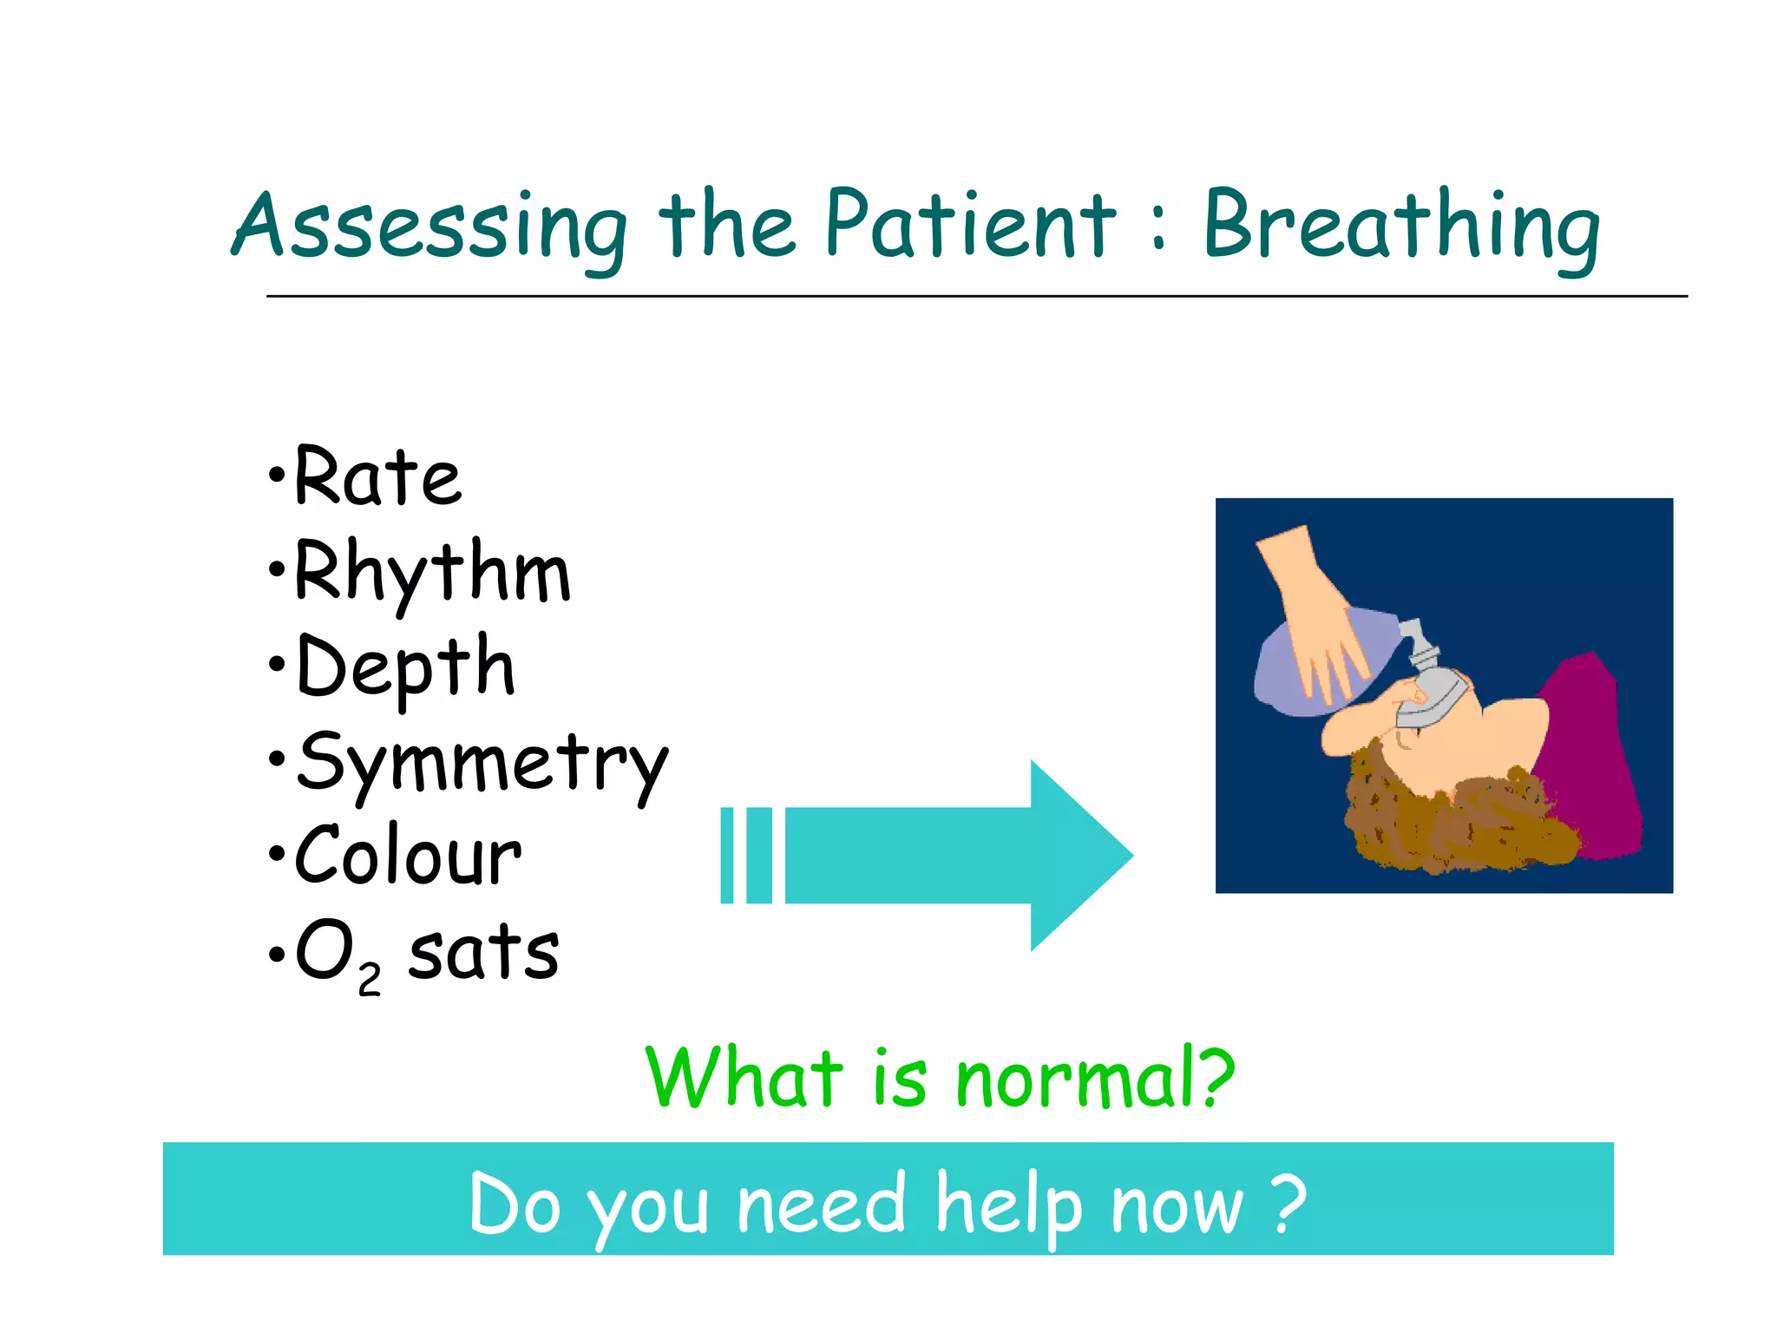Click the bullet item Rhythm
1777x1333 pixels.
click(x=431, y=573)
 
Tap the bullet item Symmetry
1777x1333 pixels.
click(x=482, y=764)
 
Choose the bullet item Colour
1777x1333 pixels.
click(x=408, y=857)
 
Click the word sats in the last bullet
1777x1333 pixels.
click(x=483, y=953)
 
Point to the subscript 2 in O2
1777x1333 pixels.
click(x=369, y=981)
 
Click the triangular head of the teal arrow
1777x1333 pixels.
click(x=1076, y=856)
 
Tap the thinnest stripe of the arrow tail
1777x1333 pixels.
click(x=727, y=856)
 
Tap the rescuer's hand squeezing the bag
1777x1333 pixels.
click(x=1310, y=616)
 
